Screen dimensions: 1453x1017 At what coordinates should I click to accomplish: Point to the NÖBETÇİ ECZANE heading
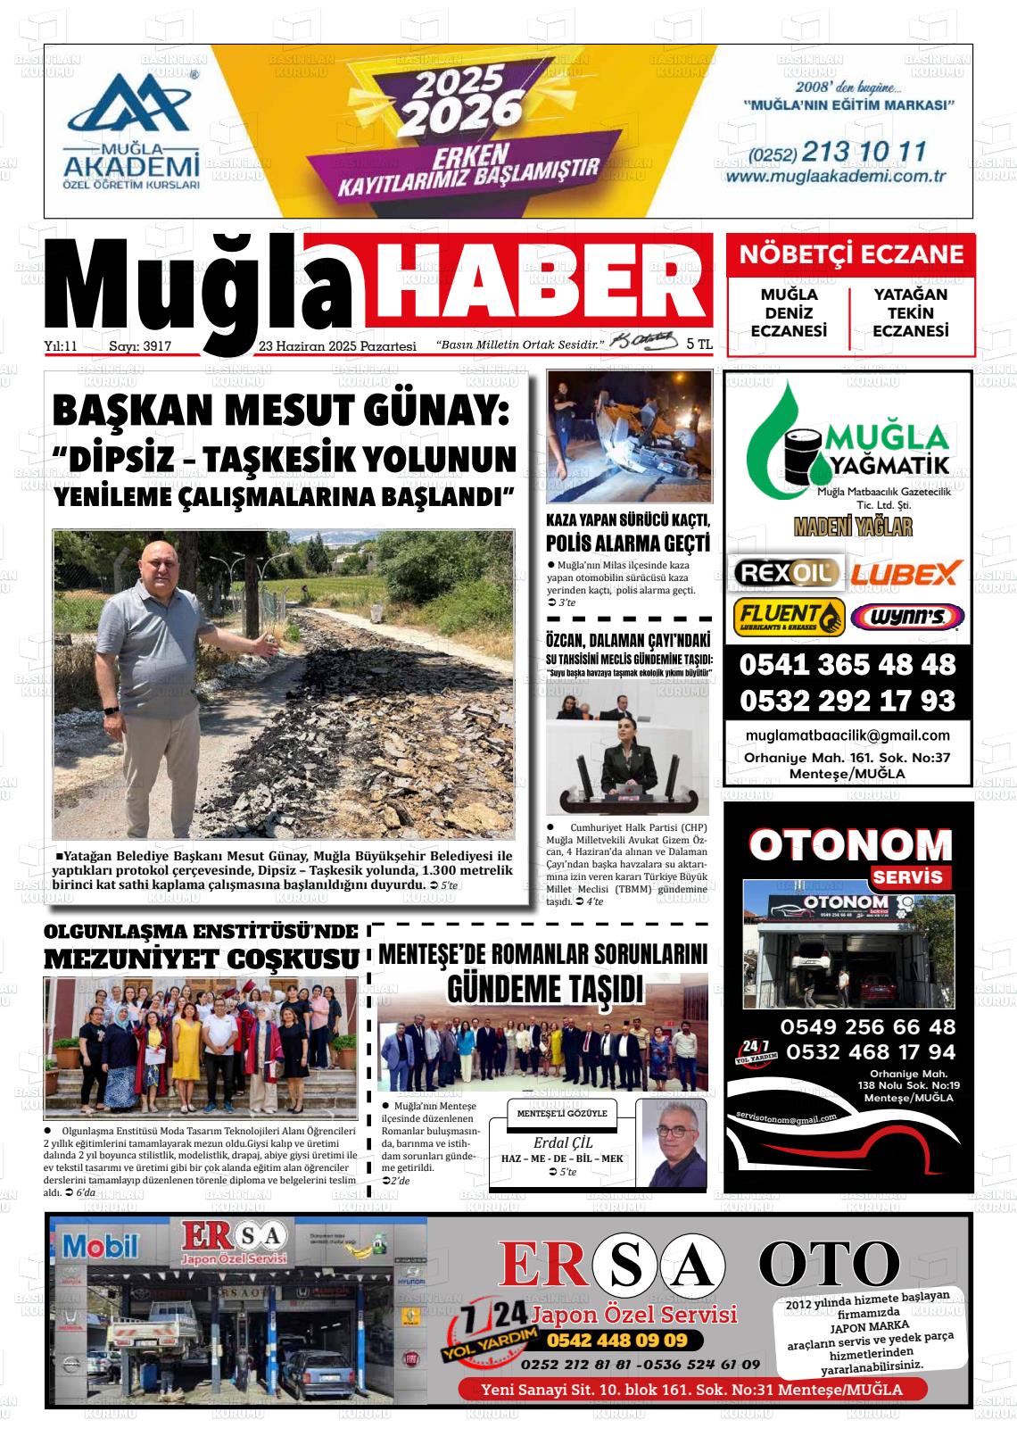click(x=851, y=254)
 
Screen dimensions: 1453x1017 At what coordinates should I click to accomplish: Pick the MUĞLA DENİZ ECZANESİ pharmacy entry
click(x=789, y=312)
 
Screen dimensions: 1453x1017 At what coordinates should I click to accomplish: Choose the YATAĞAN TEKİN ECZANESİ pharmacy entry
click(x=910, y=312)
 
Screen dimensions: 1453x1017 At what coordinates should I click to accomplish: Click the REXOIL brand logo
click(x=786, y=572)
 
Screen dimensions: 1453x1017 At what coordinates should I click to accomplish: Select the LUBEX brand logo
click(x=905, y=572)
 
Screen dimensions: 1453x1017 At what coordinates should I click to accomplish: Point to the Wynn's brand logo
click(x=906, y=616)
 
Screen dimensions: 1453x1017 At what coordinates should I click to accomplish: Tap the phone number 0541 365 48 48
click(x=847, y=665)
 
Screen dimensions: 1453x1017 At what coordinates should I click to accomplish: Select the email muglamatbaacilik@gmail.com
click(x=847, y=735)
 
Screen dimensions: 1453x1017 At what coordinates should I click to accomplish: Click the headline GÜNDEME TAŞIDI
click(x=543, y=988)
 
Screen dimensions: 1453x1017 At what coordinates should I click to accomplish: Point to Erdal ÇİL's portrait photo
click(x=674, y=1142)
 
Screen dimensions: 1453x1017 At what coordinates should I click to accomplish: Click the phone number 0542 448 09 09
click(x=616, y=1341)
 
